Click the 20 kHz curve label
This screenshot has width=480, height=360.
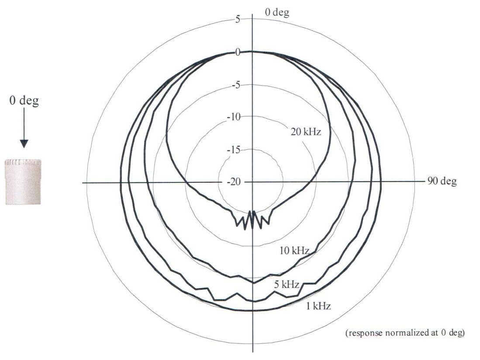click(x=306, y=131)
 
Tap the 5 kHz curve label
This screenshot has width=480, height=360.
click(x=287, y=285)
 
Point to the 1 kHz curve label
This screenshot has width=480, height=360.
click(x=318, y=306)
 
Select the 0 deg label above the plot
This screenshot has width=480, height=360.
click(x=277, y=12)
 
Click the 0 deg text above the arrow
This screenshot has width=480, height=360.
click(x=24, y=101)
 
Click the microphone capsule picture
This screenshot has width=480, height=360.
click(x=23, y=182)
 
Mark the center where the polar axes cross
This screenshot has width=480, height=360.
click(x=252, y=182)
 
